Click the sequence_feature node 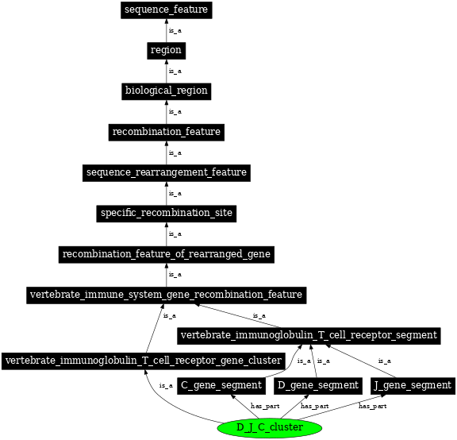point(166,10)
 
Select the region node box point(166,51)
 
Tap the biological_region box point(166,91)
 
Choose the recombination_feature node point(166,131)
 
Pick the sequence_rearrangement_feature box point(166,172)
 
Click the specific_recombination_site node point(166,213)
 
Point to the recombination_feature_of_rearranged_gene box point(166,254)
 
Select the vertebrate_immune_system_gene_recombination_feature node point(166,295)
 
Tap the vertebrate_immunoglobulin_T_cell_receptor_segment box point(309,335)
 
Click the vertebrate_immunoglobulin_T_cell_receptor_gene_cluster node point(143,361)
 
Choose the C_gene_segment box point(221,386)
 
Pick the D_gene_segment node point(317,386)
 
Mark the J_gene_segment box point(413,386)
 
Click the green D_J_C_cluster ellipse point(269,428)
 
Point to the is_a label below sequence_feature point(175,31)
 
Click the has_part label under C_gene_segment point(265,406)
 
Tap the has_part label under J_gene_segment point(372,406)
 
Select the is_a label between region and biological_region point(175,71)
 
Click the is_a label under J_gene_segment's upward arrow point(384,361)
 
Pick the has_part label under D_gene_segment point(314,406)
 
